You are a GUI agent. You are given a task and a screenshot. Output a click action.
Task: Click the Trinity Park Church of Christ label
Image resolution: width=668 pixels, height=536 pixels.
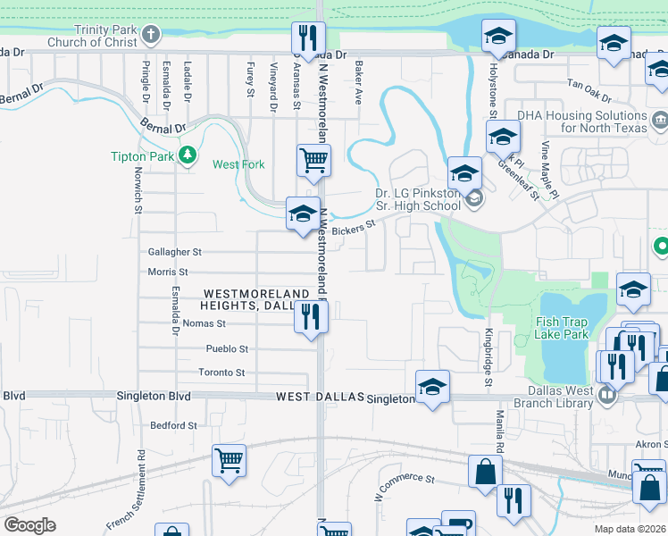point(105,36)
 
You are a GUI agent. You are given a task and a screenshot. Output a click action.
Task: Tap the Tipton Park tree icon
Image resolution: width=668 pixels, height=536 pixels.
point(187,155)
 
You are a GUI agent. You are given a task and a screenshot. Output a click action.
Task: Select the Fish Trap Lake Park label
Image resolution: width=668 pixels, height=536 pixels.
point(561,328)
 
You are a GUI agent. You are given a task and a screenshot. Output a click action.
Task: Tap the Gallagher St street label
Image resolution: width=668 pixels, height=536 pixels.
point(176,253)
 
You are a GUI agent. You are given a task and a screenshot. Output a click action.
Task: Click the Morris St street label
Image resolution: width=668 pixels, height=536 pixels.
point(168,272)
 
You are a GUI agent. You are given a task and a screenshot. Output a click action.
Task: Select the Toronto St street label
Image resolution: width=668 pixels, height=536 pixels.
point(221,373)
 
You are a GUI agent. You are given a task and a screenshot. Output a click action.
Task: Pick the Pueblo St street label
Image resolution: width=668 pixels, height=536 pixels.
point(227,349)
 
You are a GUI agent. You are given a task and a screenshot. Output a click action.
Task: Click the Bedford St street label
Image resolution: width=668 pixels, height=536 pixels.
point(173,426)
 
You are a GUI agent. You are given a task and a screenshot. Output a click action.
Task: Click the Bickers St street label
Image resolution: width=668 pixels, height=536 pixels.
point(351,230)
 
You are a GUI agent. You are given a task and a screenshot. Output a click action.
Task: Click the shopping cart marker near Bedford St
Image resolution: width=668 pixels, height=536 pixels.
point(230,461)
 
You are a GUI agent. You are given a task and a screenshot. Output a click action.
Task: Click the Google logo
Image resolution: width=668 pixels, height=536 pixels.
point(29,525)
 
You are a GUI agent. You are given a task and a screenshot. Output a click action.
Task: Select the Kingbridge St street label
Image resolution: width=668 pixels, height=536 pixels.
point(488,358)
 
